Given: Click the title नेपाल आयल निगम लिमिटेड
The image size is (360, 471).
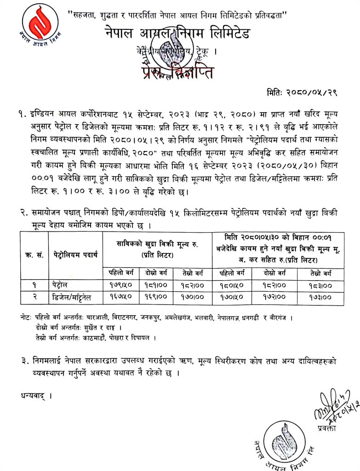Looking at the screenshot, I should [x=177, y=35].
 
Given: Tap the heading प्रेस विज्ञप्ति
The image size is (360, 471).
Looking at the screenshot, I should [x=177, y=72].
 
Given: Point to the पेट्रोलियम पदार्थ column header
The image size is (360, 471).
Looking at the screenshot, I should [x=75, y=254].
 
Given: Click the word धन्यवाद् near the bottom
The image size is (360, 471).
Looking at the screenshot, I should [x=36, y=395].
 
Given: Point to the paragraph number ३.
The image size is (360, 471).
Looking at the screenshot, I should [x=24, y=362].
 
